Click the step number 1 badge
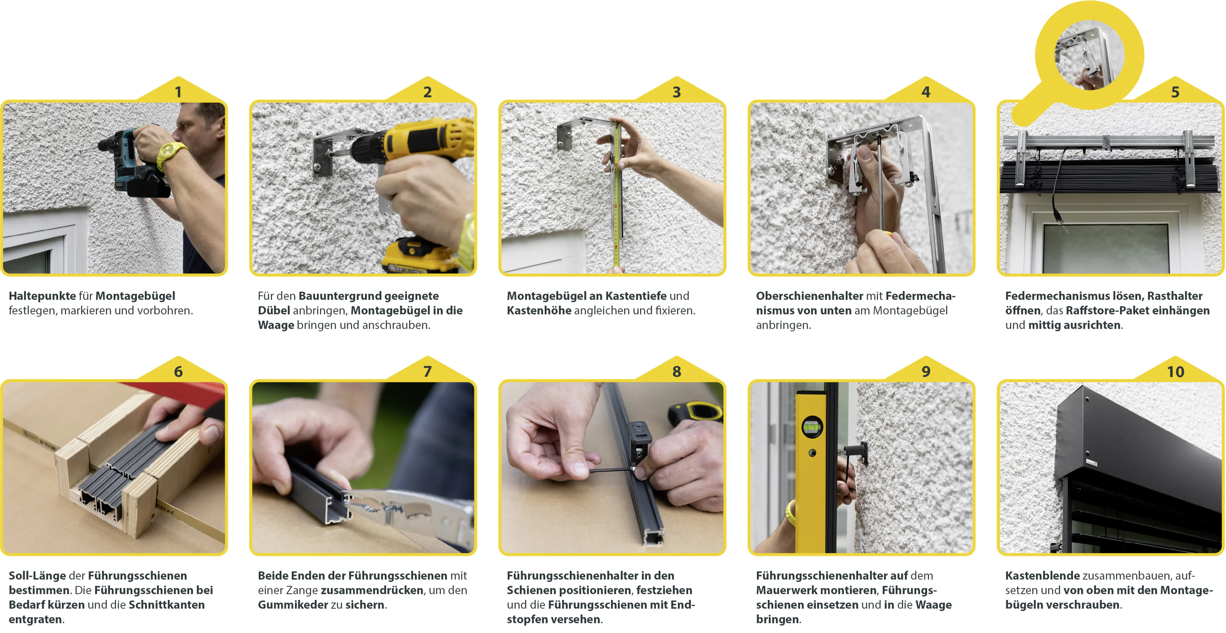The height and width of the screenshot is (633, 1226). (x=178, y=91)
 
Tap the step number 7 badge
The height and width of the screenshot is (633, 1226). (x=427, y=371)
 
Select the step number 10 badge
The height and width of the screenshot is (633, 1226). (x=1175, y=371)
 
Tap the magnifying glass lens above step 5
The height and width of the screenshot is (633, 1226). (x=1090, y=55)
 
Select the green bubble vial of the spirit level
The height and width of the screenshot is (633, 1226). (x=812, y=427)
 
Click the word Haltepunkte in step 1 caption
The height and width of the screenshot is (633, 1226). (x=42, y=296)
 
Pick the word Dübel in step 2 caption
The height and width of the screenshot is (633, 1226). (x=274, y=311)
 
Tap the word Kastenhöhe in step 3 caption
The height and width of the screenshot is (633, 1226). (x=539, y=311)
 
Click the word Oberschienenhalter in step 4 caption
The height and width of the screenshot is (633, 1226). (x=809, y=296)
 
